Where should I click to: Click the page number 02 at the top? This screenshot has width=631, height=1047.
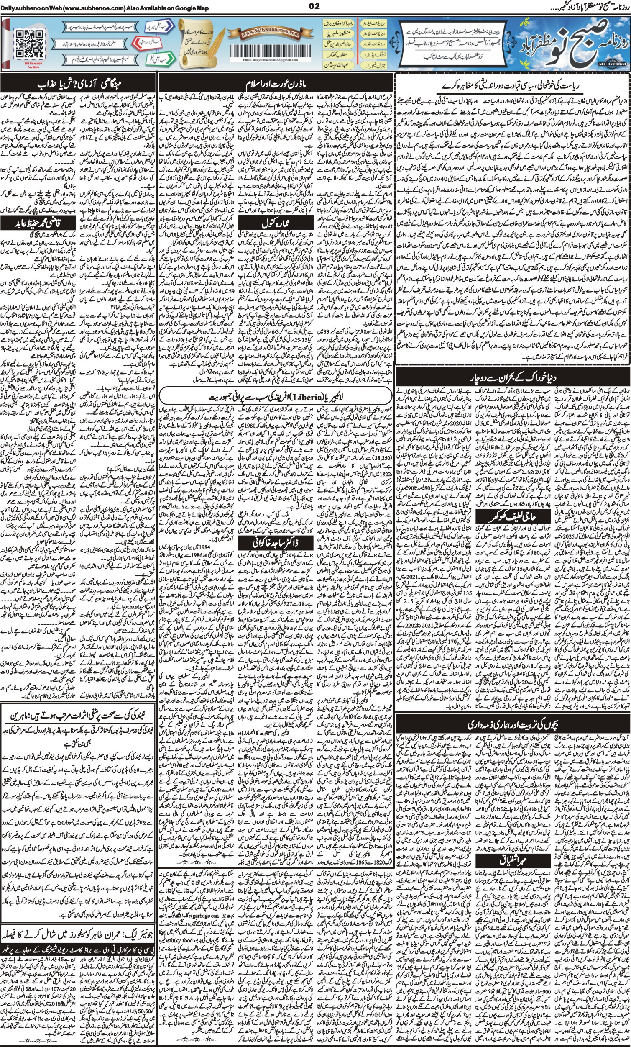click(314, 6)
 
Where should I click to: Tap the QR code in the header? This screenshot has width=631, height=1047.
click(29, 44)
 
